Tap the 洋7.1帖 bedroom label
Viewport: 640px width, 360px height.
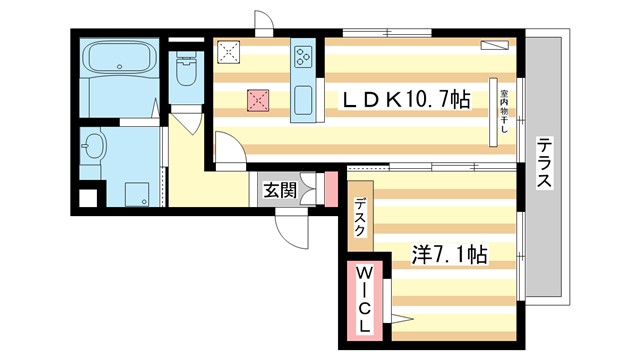point(449,255)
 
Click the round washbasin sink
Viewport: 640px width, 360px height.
point(94,148)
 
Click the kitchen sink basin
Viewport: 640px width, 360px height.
point(303,100)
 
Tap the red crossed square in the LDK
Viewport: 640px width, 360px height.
point(258,99)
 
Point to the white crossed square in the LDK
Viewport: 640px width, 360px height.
point(231,51)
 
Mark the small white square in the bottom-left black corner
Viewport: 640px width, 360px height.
point(87,198)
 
